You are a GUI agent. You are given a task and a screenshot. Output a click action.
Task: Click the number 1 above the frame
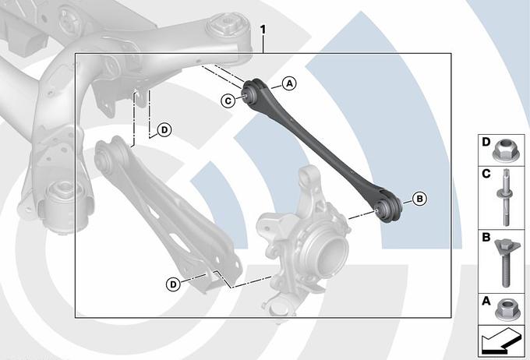pyautogui.click(x=263, y=30)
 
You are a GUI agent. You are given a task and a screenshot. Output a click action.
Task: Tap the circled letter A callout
pyautogui.click(x=289, y=83)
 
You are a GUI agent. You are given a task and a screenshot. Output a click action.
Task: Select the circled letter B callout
pyautogui.click(x=419, y=199)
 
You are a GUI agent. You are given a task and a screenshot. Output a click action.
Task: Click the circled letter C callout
pyautogui.click(x=228, y=101)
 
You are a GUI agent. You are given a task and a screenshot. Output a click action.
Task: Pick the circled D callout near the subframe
pyautogui.click(x=164, y=130)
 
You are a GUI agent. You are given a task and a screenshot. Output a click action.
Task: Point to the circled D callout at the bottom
pyautogui.click(x=173, y=284)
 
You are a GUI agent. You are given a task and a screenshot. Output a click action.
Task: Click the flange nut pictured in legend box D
pyautogui.click(x=506, y=150)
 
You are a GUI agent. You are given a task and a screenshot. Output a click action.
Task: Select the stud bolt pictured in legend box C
pyautogui.click(x=504, y=197)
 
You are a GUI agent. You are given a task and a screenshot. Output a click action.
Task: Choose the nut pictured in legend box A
pyautogui.click(x=506, y=309)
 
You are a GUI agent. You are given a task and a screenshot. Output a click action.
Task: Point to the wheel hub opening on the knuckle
pyautogui.click(x=334, y=252)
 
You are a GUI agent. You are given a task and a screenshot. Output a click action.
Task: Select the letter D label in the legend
pyautogui.click(x=486, y=142)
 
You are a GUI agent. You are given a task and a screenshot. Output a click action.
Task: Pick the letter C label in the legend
pyautogui.click(x=486, y=174)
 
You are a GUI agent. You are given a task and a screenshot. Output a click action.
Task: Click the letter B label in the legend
pyautogui.click(x=486, y=238)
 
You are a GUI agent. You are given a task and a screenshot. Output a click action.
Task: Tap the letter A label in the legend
pyautogui.click(x=486, y=301)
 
